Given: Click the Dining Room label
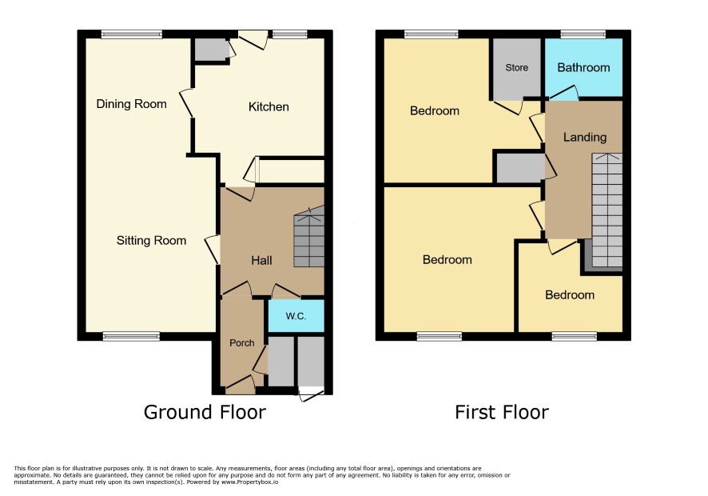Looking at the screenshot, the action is (x=131, y=104).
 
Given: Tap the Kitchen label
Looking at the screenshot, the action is (x=268, y=106).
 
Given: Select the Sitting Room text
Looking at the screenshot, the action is (x=151, y=241).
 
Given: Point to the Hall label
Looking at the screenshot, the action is (x=261, y=261).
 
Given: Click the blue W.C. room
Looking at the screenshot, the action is (x=296, y=315).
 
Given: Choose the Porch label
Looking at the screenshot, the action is (x=241, y=342).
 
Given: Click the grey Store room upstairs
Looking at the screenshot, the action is (x=516, y=68).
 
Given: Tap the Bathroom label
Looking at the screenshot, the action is (x=583, y=68).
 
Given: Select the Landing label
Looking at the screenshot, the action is (x=585, y=137).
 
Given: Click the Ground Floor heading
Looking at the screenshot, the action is (x=205, y=412).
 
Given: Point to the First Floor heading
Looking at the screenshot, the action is (x=502, y=412).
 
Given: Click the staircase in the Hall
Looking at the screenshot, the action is (x=309, y=236).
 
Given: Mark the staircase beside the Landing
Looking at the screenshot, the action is (x=607, y=210).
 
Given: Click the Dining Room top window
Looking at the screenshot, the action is (x=131, y=34).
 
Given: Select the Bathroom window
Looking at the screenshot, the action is (x=583, y=34).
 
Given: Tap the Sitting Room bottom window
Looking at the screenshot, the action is (x=131, y=336).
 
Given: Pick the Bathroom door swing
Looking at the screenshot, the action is (x=564, y=93).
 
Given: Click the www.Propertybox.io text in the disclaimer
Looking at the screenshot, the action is (x=249, y=482).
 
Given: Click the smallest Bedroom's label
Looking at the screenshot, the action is (x=570, y=294).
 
